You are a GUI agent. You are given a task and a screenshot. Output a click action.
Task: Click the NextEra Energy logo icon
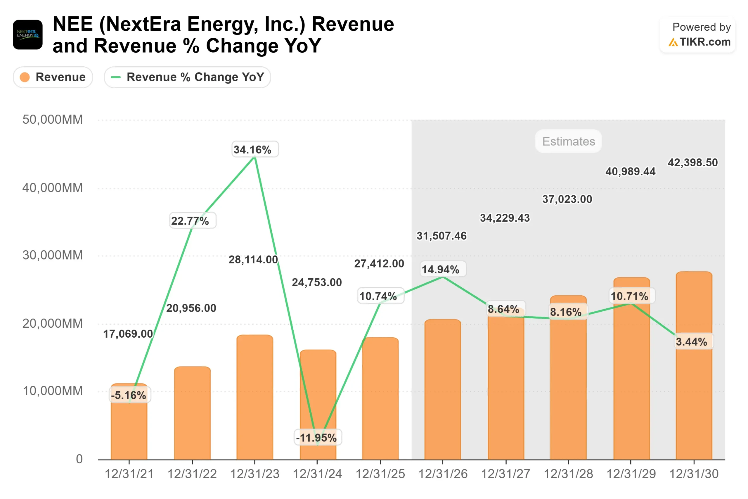[28, 34]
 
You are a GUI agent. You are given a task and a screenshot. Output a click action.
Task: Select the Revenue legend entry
[53, 77]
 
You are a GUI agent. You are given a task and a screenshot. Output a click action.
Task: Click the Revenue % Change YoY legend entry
[187, 77]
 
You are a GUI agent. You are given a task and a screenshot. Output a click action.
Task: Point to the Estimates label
[568, 141]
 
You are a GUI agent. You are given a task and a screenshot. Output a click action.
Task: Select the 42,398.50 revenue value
[693, 163]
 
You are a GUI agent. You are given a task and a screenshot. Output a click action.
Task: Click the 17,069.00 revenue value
[128, 334]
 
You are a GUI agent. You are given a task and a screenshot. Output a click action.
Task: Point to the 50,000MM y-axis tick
[53, 120]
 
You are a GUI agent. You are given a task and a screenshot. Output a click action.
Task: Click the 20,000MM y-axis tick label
[53, 323]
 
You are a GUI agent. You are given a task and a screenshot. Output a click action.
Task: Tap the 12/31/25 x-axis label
[380, 474]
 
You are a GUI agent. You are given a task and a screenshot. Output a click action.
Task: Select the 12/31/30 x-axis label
[694, 474]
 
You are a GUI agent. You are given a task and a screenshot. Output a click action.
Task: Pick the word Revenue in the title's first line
[353, 24]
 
